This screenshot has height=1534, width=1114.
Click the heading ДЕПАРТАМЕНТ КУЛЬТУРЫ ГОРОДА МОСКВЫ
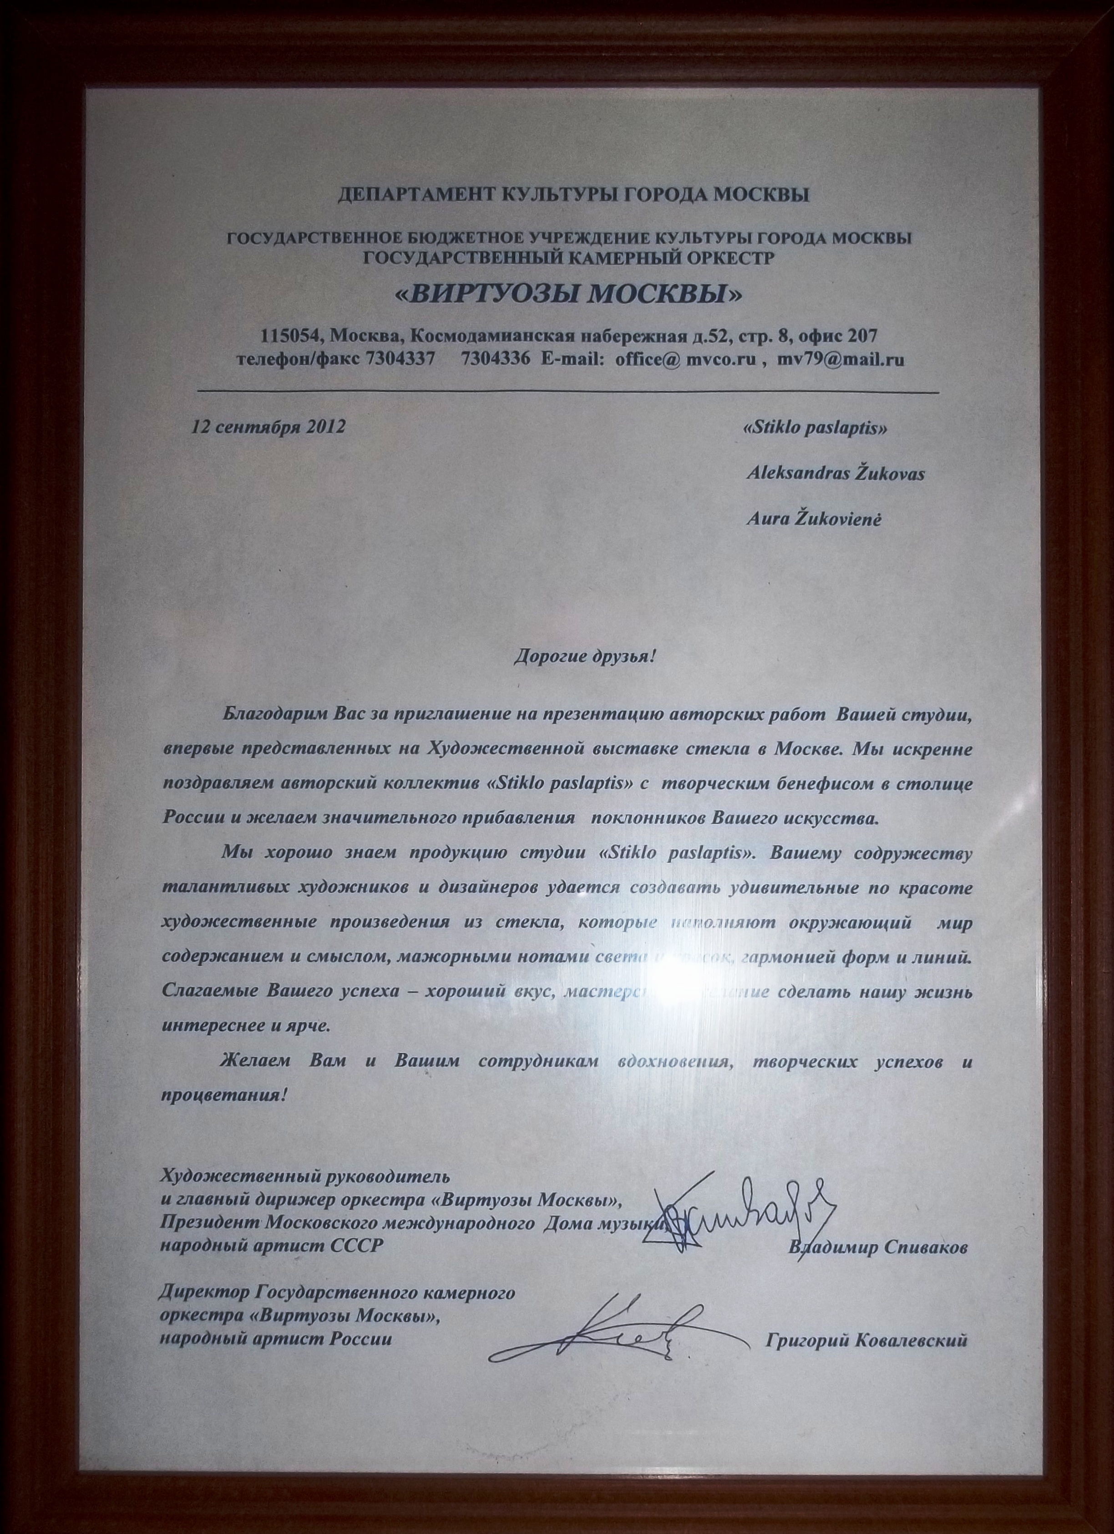click(x=573, y=196)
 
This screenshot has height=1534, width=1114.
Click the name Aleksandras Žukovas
click(x=835, y=474)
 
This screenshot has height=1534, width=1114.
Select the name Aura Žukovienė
click(x=813, y=520)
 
